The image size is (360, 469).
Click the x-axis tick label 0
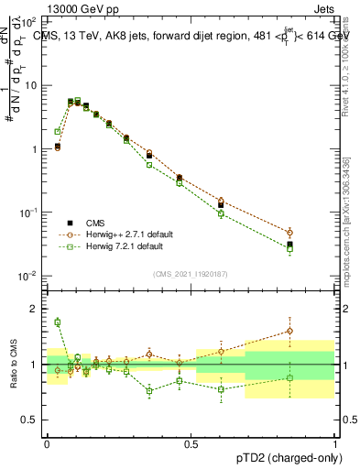[x=47, y=442]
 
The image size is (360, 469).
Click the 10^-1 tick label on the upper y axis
[x=29, y=213]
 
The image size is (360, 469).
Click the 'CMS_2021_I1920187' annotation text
[x=191, y=273]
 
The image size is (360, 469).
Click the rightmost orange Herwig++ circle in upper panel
[x=289, y=233]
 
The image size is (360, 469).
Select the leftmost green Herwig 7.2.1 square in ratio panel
[x=57, y=322]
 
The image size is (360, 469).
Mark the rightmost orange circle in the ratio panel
[x=289, y=331]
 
